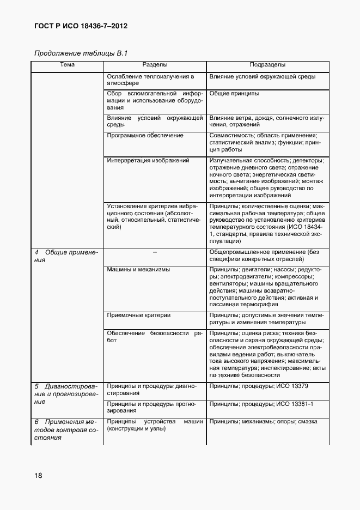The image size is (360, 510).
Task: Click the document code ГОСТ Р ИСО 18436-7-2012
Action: coord(81,26)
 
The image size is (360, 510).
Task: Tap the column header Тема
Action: coord(67,65)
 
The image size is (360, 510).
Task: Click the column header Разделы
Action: coord(155,65)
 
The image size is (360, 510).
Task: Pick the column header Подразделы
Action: coord(267,65)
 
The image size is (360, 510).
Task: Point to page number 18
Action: coord(38,475)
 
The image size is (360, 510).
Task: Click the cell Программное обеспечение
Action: coord(145,135)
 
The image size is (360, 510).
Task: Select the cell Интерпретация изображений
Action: coord(148,161)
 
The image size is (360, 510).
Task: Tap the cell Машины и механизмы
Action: coord(138,269)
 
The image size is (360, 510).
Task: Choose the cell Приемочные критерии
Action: coord(139,314)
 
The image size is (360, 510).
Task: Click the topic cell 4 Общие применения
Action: coord(65,256)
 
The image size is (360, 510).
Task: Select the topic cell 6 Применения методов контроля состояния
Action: coord(65,429)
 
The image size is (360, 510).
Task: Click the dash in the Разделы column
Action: coord(155,252)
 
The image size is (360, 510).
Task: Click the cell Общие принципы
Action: coord(234,94)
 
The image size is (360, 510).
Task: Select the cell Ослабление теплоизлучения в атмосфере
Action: coord(150,80)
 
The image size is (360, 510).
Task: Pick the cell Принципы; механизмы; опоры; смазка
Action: coord(263,422)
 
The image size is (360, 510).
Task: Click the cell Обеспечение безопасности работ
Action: coord(155,336)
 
